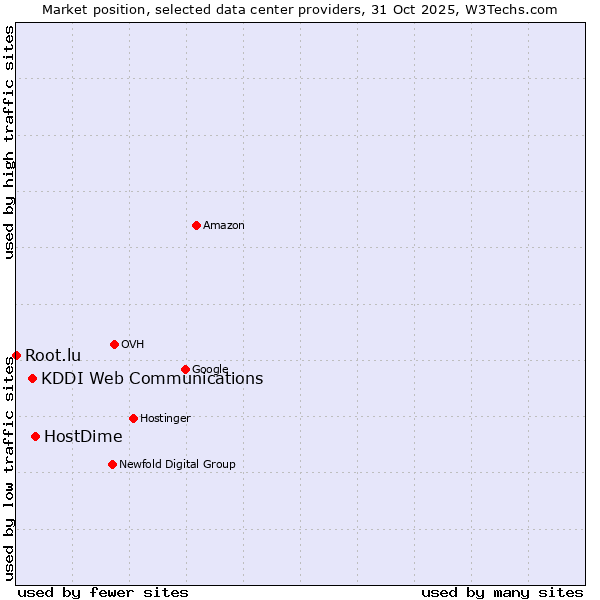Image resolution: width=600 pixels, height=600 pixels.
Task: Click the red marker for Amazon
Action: click(196, 225)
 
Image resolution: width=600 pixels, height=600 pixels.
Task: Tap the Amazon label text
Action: click(224, 226)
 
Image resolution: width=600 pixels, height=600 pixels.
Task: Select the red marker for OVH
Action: click(114, 344)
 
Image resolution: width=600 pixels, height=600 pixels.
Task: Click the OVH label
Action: click(133, 345)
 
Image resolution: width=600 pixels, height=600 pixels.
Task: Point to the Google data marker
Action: click(185, 369)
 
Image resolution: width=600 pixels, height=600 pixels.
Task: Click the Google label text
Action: click(210, 370)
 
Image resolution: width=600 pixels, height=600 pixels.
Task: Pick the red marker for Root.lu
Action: click(16, 355)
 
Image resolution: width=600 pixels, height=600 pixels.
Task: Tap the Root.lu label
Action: click(53, 356)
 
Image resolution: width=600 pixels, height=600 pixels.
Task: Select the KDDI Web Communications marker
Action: click(33, 378)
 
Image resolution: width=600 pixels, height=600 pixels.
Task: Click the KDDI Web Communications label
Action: click(152, 379)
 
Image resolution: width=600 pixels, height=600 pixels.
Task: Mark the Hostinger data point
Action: click(133, 418)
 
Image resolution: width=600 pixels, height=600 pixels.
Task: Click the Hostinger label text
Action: click(165, 419)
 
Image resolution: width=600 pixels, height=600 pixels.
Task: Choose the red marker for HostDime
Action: click(35, 436)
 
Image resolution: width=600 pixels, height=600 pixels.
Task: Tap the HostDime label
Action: click(83, 437)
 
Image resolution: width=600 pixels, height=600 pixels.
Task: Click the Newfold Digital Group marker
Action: click(112, 464)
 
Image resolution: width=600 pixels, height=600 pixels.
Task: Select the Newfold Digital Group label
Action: click(177, 465)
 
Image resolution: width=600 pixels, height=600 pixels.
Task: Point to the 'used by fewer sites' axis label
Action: click(103, 593)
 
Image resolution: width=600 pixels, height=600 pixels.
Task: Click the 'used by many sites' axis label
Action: click(502, 593)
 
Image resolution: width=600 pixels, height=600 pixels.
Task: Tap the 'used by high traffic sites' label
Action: click(10, 142)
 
